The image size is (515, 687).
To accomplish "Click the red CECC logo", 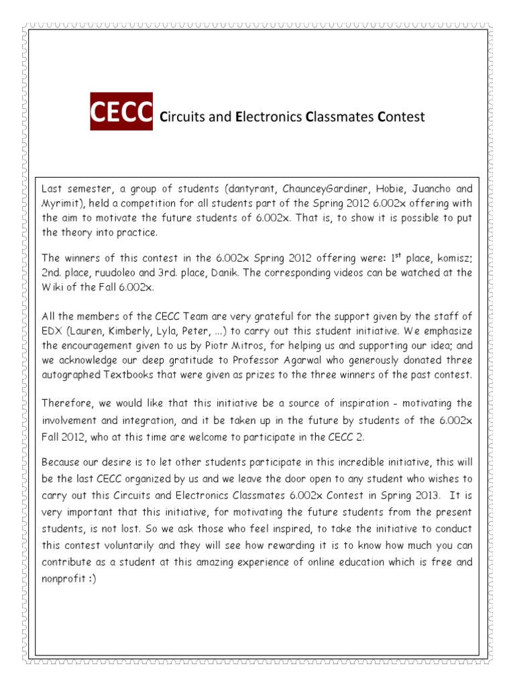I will pyautogui.click(x=121, y=111).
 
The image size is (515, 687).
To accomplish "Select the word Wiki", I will pyautogui.click(x=52, y=287).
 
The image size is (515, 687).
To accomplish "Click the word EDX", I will pyautogui.click(x=52, y=330).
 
